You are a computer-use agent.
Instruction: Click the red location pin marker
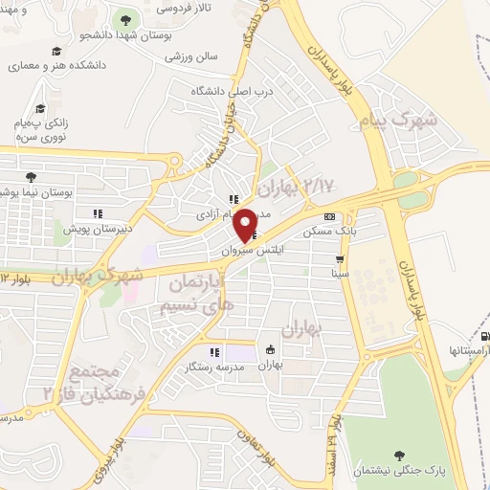coord(246,226)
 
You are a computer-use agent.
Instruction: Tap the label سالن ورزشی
coord(191,56)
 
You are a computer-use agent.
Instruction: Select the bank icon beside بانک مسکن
coord(329,216)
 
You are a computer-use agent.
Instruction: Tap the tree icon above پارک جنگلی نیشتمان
coord(398,455)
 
